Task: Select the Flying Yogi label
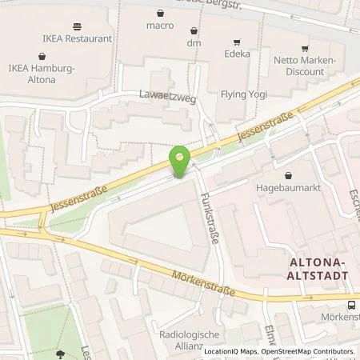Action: click(242, 94)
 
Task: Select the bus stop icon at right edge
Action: click(352, 305)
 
